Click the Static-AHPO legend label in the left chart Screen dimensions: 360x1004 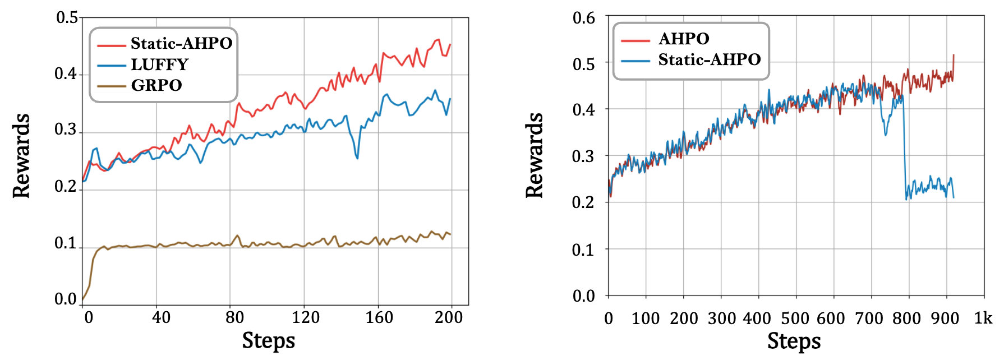click(x=181, y=43)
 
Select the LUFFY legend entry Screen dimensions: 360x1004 click(x=159, y=64)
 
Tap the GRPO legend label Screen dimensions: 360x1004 click(x=156, y=85)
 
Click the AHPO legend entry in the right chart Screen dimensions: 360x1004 click(x=684, y=39)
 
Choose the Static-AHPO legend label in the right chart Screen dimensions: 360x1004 click(x=709, y=59)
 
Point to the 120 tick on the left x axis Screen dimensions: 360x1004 click(x=305, y=317)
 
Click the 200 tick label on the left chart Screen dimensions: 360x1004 click(x=449, y=317)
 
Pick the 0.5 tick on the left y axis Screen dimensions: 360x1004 click(x=67, y=17)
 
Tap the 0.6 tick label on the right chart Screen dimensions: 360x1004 click(x=583, y=18)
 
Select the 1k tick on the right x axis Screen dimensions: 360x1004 click(x=983, y=319)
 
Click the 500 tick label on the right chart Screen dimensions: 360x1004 click(x=795, y=319)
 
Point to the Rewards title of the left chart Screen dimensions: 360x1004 click(x=21, y=155)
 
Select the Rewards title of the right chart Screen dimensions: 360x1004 click(x=535, y=155)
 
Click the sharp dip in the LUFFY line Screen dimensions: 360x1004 click(x=357, y=158)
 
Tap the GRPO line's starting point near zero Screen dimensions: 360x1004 click(x=83, y=299)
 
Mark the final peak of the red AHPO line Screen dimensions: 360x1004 click(x=954, y=55)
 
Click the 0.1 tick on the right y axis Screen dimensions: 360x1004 click(x=583, y=250)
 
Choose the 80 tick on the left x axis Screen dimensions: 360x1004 click(x=234, y=317)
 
